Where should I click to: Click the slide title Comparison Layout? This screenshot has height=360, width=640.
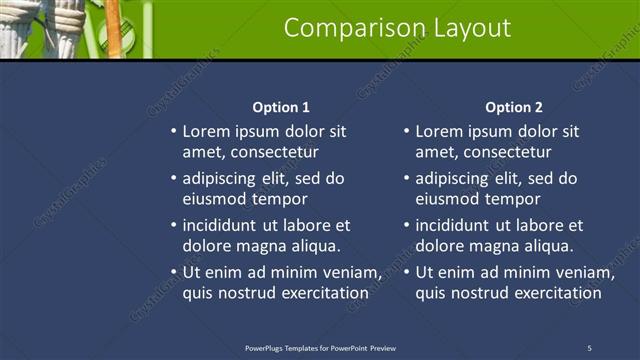(x=397, y=28)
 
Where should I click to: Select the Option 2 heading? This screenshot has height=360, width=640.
(x=514, y=107)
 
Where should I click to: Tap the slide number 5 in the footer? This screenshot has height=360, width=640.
(x=589, y=347)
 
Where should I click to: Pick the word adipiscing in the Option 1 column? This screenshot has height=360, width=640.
(x=222, y=179)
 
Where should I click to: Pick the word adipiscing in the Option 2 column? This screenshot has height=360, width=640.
(x=456, y=179)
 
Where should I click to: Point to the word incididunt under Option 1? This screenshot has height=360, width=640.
(x=224, y=225)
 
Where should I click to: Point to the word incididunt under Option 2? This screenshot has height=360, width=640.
(x=458, y=225)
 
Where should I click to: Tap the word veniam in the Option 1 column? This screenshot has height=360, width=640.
(x=355, y=272)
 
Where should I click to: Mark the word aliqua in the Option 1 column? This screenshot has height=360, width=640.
(x=315, y=246)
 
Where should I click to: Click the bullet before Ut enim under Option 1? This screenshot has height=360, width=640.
(x=173, y=272)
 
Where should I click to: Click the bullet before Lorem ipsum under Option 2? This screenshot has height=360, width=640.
(x=407, y=131)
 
